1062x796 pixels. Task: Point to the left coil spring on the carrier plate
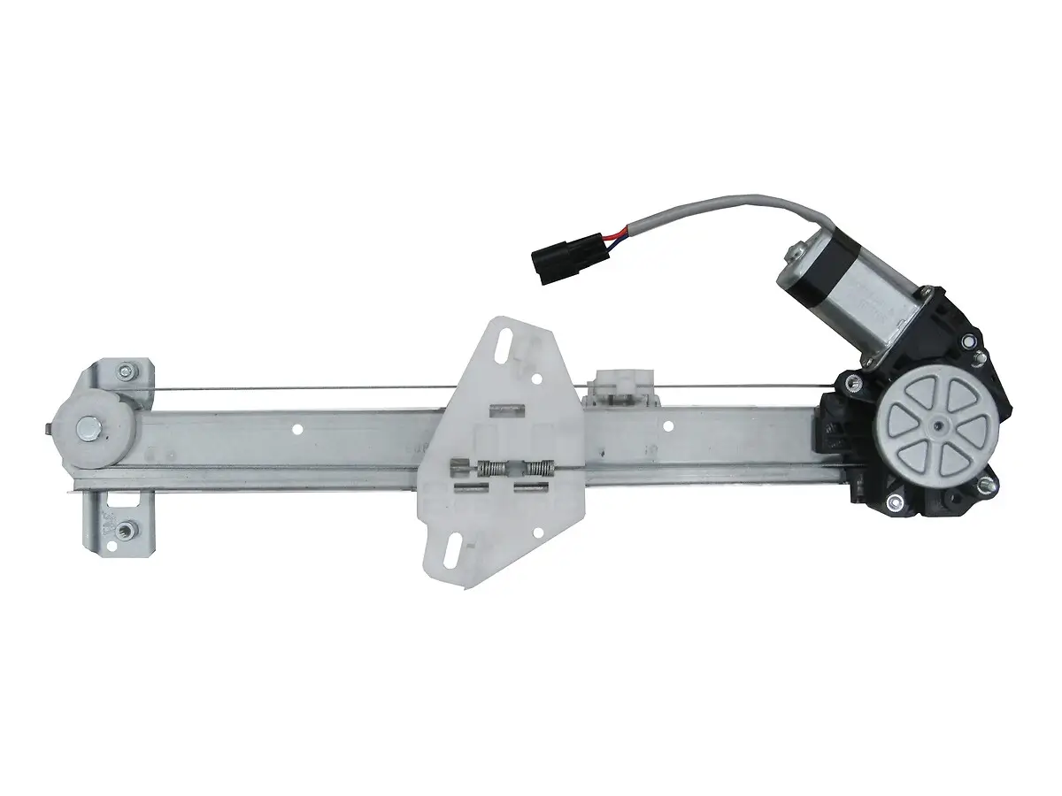click(x=491, y=470)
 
